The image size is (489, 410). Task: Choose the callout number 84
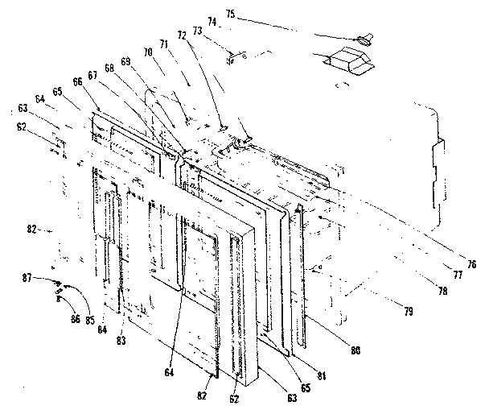click(102, 329)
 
